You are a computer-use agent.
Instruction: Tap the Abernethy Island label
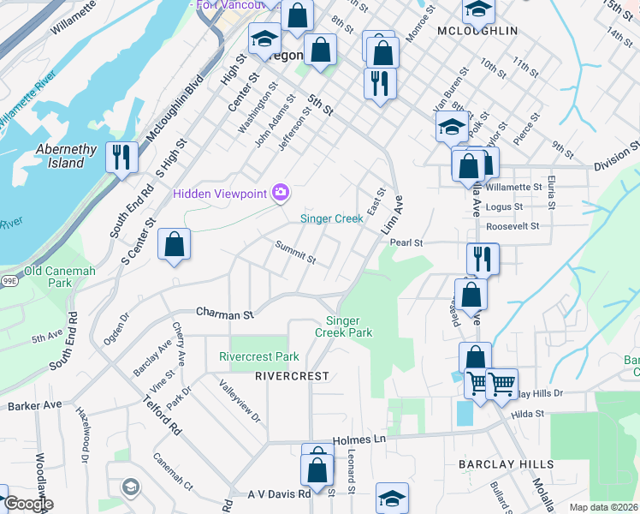[66, 156]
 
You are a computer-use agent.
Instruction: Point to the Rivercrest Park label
[259, 356]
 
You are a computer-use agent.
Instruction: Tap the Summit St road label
[295, 252]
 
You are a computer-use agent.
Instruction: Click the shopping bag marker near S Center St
[174, 245]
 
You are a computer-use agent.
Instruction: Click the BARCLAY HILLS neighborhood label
[506, 463]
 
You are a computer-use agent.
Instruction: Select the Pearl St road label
[407, 242]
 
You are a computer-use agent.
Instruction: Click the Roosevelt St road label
[511, 227]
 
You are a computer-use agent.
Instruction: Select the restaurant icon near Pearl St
[483, 259]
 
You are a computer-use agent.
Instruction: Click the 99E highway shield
[9, 280]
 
